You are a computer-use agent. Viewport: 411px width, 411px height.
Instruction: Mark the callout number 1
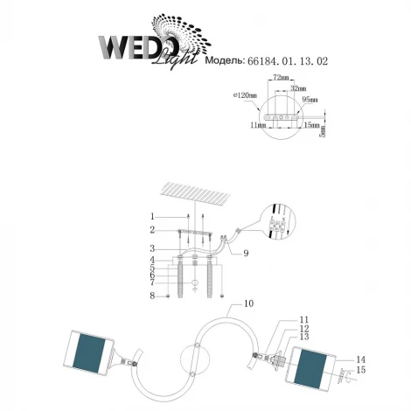tap(151, 216)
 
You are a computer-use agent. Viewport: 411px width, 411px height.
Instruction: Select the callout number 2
tap(151, 230)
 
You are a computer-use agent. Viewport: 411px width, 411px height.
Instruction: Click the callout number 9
tap(247, 254)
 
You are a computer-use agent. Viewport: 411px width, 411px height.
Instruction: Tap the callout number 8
tap(151, 296)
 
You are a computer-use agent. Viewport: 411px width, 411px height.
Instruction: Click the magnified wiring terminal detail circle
tap(280, 226)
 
